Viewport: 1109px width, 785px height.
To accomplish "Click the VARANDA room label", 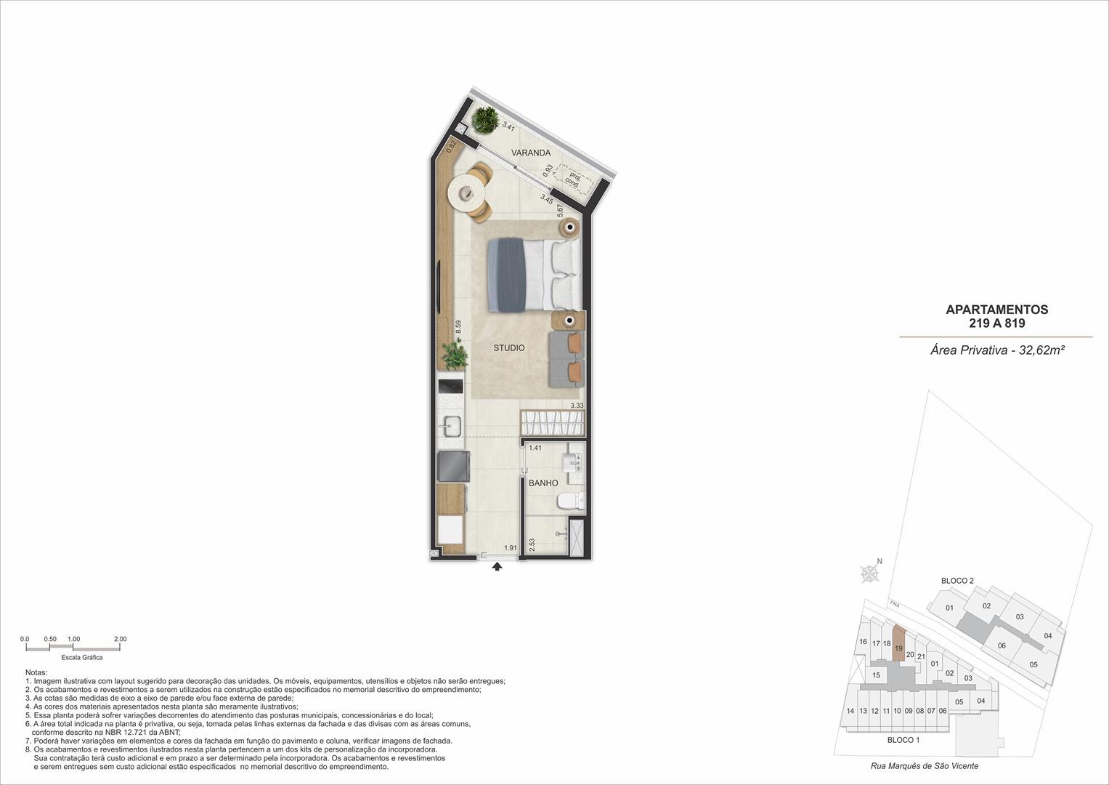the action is (x=531, y=153).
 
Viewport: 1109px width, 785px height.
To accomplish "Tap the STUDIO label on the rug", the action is (x=509, y=348).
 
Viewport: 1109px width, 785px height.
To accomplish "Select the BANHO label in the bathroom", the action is (x=543, y=483).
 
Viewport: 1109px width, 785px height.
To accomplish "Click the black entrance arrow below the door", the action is (x=497, y=566).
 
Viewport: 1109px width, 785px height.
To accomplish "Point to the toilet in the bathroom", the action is (x=571, y=501).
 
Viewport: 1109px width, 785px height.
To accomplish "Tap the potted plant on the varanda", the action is (x=484, y=121).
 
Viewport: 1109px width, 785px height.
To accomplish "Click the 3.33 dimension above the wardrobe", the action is (x=577, y=406).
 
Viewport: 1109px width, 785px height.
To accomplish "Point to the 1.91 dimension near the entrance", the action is (x=511, y=547).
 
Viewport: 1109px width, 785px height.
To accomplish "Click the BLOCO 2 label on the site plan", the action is (x=957, y=580).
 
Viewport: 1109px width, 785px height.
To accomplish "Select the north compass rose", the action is (x=870, y=573).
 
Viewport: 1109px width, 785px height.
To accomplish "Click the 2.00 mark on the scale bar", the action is (x=121, y=639).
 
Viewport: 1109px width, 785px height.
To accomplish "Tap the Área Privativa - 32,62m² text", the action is (x=998, y=350).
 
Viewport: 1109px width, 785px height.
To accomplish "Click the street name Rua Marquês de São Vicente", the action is (x=925, y=765).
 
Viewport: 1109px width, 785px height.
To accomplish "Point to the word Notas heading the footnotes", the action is (x=36, y=672).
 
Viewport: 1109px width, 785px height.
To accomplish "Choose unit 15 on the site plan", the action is (x=877, y=675).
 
